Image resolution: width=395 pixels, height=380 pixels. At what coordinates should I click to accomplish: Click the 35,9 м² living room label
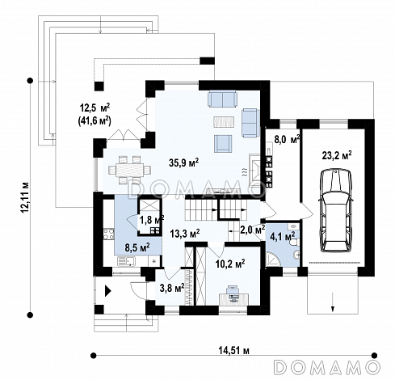click(x=184, y=163)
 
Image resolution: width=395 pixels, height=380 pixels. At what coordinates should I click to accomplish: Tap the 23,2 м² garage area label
click(x=337, y=155)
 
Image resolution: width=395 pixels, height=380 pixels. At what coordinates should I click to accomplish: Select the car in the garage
click(x=335, y=210)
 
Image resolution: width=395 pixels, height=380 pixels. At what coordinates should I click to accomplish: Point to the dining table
click(x=129, y=170)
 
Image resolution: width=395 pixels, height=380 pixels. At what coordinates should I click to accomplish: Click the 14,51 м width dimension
click(x=233, y=351)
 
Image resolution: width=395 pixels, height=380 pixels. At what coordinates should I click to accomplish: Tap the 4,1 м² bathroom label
click(x=283, y=237)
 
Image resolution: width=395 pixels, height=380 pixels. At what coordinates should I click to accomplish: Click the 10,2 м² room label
click(x=230, y=264)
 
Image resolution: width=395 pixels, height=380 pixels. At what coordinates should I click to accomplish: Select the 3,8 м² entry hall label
click(x=172, y=288)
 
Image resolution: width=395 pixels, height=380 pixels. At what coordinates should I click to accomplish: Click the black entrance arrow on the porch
click(x=107, y=291)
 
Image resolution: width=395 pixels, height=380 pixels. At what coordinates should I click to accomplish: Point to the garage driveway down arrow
click(x=333, y=302)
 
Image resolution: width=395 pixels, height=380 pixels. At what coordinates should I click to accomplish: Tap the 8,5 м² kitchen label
click(x=137, y=247)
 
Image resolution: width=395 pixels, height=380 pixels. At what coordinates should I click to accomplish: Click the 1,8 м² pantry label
click(x=152, y=220)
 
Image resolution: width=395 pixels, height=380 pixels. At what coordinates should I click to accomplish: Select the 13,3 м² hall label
click(x=185, y=234)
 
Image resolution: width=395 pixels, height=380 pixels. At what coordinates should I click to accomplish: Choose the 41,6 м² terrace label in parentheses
click(x=95, y=120)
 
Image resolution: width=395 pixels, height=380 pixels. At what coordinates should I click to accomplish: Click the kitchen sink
click(x=126, y=261)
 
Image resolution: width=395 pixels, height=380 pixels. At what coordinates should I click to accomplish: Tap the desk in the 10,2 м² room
click(x=234, y=298)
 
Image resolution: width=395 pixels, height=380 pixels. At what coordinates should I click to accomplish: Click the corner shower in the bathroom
click(x=273, y=259)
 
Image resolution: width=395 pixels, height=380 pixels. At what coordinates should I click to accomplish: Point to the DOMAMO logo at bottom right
click(x=326, y=367)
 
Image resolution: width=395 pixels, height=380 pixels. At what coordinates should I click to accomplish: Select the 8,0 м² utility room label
click(x=288, y=140)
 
